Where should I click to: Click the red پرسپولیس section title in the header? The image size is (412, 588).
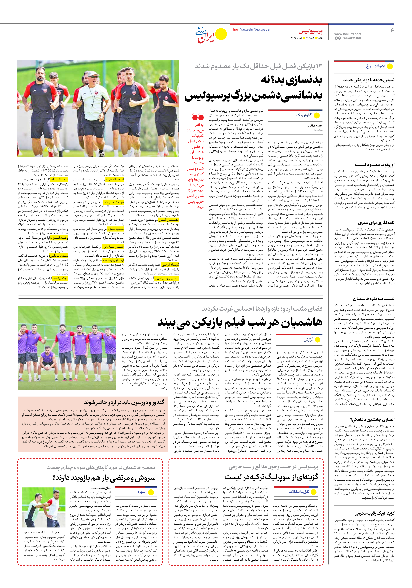[310, 31]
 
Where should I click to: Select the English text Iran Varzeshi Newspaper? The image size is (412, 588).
[251, 29]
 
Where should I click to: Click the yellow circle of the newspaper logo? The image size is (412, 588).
[221, 34]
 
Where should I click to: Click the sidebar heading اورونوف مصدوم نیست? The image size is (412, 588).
[375, 165]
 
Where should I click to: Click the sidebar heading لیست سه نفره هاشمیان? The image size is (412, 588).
[374, 299]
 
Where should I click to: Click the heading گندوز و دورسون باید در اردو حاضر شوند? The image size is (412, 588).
[124, 402]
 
